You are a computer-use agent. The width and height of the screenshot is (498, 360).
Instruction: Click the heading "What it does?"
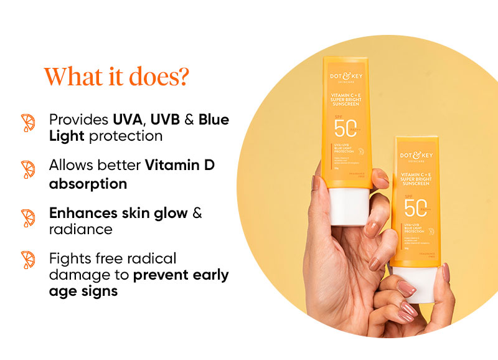(116, 77)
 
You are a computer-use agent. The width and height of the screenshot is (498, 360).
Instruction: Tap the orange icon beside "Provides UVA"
(28, 123)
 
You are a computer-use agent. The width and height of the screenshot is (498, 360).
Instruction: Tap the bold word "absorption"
(88, 184)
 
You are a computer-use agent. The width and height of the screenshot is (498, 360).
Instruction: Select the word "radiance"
(81, 229)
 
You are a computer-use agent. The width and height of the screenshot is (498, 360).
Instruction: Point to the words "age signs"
(83, 290)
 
